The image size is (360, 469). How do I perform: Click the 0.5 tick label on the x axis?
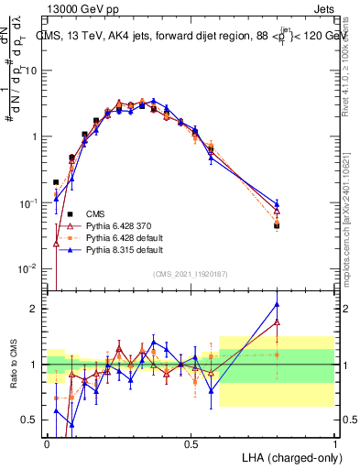point(191,443)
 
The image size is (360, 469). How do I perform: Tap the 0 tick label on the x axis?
point(47,443)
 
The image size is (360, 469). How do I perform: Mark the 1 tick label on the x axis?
point(334,443)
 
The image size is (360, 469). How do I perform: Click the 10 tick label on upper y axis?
point(32,71)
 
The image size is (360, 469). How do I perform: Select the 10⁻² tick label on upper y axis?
point(29,268)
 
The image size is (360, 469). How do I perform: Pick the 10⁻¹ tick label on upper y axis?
point(29,202)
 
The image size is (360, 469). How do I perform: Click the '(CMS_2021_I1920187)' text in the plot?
point(191,272)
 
